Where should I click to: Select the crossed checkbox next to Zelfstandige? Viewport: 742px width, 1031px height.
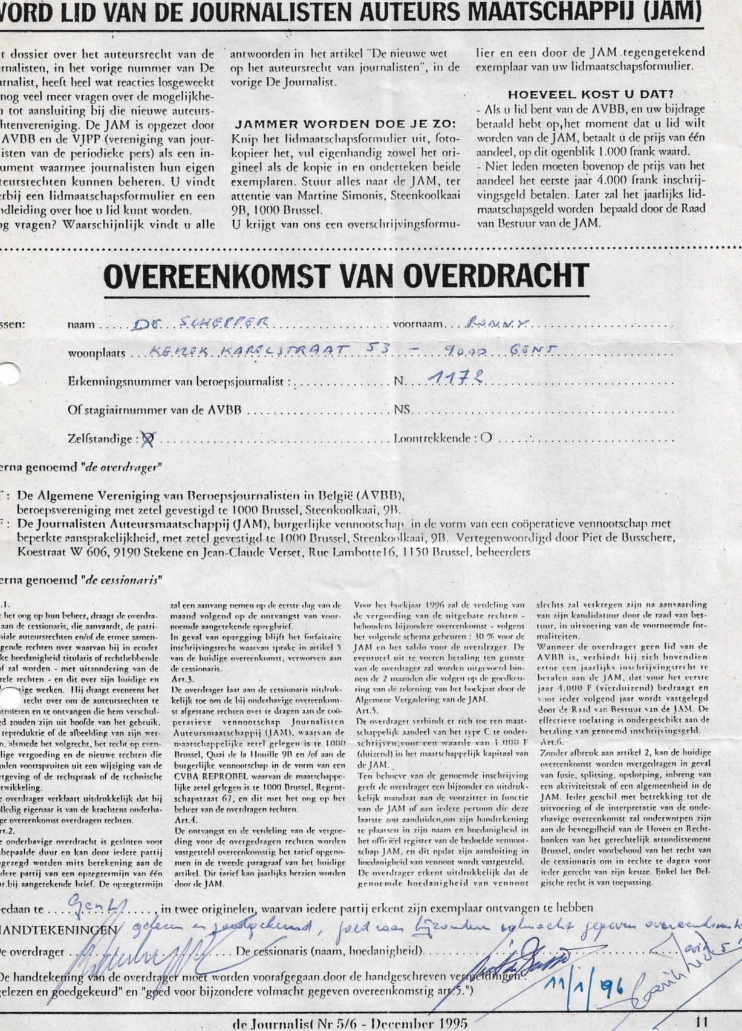coord(145,439)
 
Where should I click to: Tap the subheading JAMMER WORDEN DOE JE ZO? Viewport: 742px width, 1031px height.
coord(345,125)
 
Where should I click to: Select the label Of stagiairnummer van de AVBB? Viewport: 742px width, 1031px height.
coord(155,410)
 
